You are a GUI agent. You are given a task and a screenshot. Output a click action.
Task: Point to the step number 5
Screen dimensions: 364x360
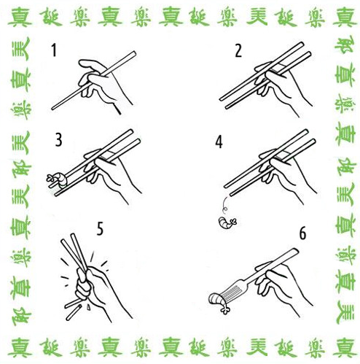101,229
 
